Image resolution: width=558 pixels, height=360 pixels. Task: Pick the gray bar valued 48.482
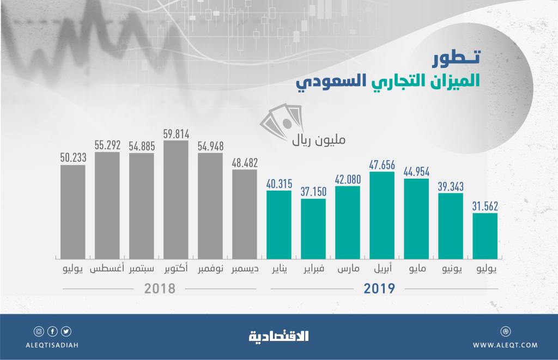point(245,213)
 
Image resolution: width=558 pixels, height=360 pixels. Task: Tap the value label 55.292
point(107,145)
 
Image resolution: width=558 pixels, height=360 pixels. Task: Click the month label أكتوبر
point(176,269)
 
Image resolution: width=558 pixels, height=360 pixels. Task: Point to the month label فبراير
point(313,269)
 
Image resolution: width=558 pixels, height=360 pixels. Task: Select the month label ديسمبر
point(245,269)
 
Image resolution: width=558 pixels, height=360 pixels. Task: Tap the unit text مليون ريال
point(318,141)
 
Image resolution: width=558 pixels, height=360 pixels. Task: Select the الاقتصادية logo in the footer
point(279,336)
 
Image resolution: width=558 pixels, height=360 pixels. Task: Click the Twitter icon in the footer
point(66,331)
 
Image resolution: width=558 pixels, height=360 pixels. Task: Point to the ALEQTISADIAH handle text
point(52,345)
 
